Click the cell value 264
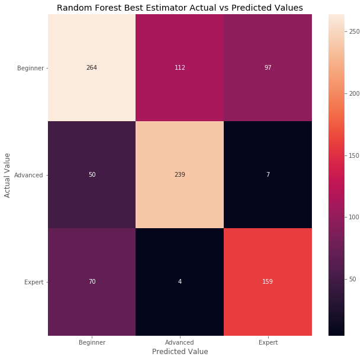[91, 67]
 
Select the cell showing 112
[179, 67]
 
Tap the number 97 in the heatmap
[268, 67]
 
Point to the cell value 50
[91, 175]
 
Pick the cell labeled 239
[179, 175]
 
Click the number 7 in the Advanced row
[268, 175]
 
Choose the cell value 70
[91, 282]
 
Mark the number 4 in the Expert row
[179, 282]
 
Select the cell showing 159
[268, 282]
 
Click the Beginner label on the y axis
[30, 68]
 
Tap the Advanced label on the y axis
[30, 175]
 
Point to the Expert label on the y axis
[33, 283]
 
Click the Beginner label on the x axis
[91, 342]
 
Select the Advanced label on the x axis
[179, 342]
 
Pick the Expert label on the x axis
[268, 342]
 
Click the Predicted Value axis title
[179, 352]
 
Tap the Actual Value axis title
[8, 175]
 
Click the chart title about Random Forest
[179, 8]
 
